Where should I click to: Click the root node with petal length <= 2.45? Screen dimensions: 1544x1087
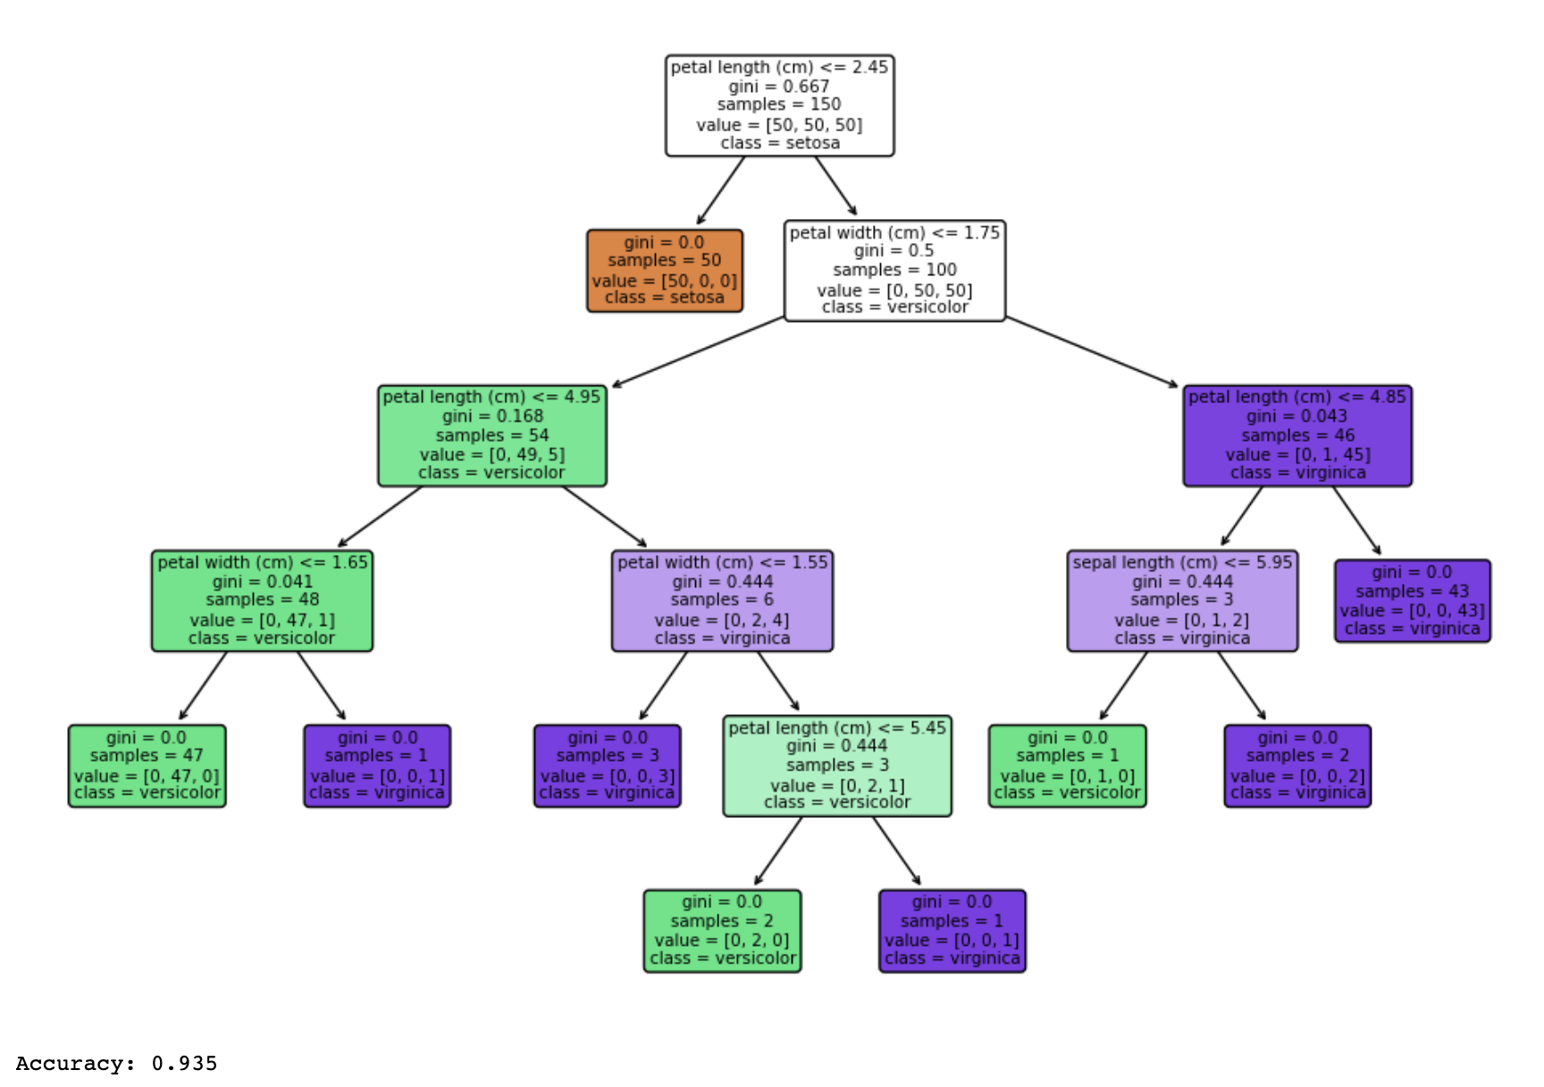coord(779,105)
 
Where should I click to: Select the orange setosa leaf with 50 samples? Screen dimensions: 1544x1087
coord(665,271)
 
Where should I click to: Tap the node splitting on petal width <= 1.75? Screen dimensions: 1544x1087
coord(894,270)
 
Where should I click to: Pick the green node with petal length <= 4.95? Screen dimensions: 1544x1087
coord(492,435)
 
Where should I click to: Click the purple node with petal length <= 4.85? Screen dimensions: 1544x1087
coord(1297,435)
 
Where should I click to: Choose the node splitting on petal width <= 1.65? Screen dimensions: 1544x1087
coord(262,601)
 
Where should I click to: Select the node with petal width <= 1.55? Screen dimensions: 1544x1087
coord(722,601)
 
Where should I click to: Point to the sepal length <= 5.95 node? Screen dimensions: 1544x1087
coord(1182,601)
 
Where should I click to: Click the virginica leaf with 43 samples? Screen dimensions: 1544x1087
coord(1412,601)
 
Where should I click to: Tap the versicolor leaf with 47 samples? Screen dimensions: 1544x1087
coord(147,766)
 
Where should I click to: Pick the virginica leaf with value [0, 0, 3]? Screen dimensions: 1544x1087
coord(608,766)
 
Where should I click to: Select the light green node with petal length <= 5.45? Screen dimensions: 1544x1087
coord(837,766)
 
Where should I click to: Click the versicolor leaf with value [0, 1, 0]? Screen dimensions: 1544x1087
coord(1067,766)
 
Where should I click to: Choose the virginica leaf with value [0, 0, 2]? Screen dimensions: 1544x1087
coord(1297,766)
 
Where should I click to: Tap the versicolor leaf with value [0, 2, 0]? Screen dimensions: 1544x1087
coord(722,931)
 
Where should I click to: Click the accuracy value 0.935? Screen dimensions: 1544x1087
coord(184,1064)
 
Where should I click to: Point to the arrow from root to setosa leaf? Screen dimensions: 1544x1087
coord(720,190)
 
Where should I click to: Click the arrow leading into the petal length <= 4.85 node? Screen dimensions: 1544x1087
coord(1092,352)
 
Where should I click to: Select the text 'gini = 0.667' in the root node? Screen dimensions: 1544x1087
coord(779,87)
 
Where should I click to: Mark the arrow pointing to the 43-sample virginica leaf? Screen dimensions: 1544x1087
coord(1357,520)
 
